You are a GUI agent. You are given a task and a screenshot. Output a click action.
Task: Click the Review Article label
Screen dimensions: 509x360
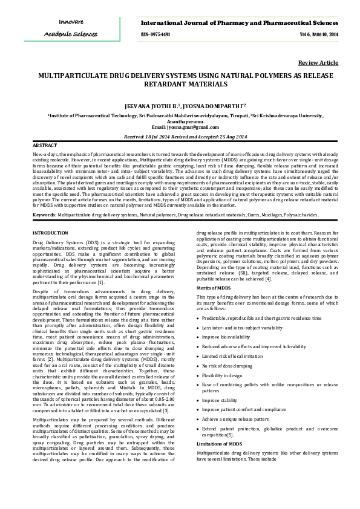coord(318,63)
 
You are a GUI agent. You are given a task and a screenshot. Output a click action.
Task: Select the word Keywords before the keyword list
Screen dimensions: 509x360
coord(44,215)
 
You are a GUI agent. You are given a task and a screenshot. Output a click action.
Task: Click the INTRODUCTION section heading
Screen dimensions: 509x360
coord(50,232)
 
